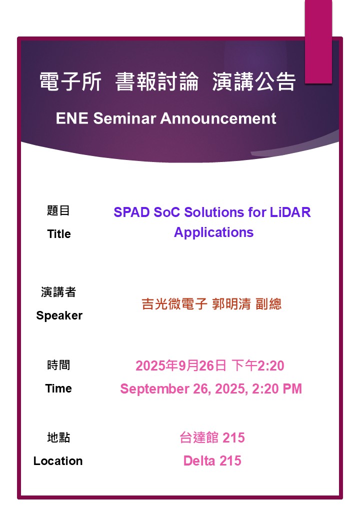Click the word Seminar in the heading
[x=124, y=118]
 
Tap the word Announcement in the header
[x=218, y=118]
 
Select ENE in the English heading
[x=72, y=118]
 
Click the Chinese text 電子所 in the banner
[x=70, y=81]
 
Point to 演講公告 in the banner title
[x=253, y=81]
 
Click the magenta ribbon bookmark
[x=318, y=41]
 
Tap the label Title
[x=59, y=234]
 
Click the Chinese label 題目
[x=58, y=210]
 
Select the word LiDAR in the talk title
[x=290, y=212]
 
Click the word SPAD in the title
[x=131, y=212]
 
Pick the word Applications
[x=214, y=232]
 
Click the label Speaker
[x=59, y=315]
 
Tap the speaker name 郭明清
[x=231, y=304]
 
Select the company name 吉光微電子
[x=174, y=304]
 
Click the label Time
[x=58, y=388]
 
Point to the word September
[x=154, y=388]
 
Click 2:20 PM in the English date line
[x=277, y=388]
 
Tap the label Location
[x=58, y=460]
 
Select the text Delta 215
[x=212, y=460]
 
